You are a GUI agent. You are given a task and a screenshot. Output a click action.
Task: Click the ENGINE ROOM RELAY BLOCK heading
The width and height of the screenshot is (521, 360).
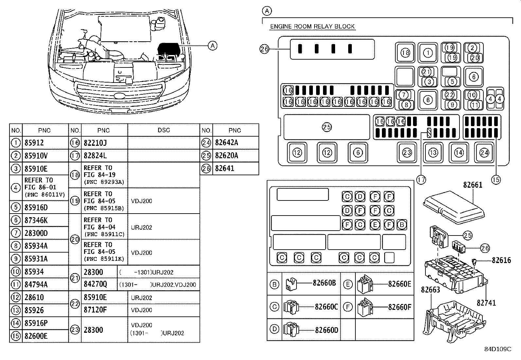tap(312, 27)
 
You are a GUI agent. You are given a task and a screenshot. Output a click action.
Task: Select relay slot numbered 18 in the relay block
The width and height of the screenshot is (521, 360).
tap(405, 53)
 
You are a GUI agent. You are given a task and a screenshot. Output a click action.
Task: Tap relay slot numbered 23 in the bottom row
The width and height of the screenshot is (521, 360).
tap(407, 153)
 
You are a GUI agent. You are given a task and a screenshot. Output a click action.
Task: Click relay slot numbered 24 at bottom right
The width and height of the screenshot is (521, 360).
tap(484, 153)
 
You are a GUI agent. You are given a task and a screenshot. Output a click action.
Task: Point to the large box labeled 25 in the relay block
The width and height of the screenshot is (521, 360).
tap(327, 127)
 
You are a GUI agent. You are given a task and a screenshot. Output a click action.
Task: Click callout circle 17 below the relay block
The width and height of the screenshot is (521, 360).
tap(421, 180)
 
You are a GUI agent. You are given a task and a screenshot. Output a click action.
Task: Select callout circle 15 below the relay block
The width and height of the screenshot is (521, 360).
tap(496, 180)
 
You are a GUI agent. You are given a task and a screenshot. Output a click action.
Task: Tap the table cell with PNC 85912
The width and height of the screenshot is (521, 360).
tap(34, 143)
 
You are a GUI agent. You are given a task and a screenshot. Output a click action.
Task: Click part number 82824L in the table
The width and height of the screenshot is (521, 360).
tap(95, 156)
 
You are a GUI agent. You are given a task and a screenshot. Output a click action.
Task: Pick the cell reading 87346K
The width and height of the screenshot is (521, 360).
tap(36, 220)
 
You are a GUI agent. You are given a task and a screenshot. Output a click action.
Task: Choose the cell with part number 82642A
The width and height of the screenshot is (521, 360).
tap(226, 143)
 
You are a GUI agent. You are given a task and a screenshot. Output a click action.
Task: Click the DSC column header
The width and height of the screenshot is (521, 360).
tap(164, 130)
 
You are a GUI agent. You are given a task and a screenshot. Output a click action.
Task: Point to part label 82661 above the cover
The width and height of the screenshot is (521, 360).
tap(473, 185)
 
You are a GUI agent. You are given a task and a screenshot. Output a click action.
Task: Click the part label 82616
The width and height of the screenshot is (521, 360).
tap(501, 260)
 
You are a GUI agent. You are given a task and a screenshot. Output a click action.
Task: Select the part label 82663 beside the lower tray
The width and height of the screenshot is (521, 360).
tap(430, 290)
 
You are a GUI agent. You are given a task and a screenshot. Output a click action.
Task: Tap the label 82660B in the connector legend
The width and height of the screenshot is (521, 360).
tap(324, 283)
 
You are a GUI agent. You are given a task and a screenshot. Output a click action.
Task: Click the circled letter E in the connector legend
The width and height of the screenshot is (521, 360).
tap(348, 284)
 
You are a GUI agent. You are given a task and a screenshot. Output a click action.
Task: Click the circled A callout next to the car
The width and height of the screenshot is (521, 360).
tap(213, 46)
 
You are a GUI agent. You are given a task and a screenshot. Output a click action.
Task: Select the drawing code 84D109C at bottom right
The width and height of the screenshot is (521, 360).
tap(497, 349)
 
